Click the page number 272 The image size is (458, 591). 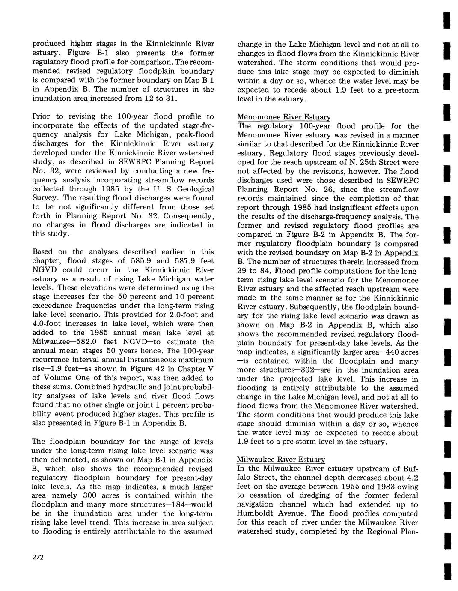click(x=38, y=557)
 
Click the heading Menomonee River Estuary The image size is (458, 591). click(x=284, y=117)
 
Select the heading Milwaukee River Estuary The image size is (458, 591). click(x=281, y=460)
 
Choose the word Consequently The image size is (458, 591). click(x=189, y=216)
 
